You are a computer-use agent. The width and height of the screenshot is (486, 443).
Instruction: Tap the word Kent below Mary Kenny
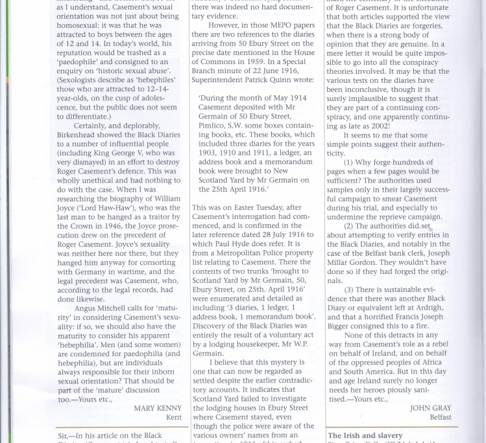point(173,418)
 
